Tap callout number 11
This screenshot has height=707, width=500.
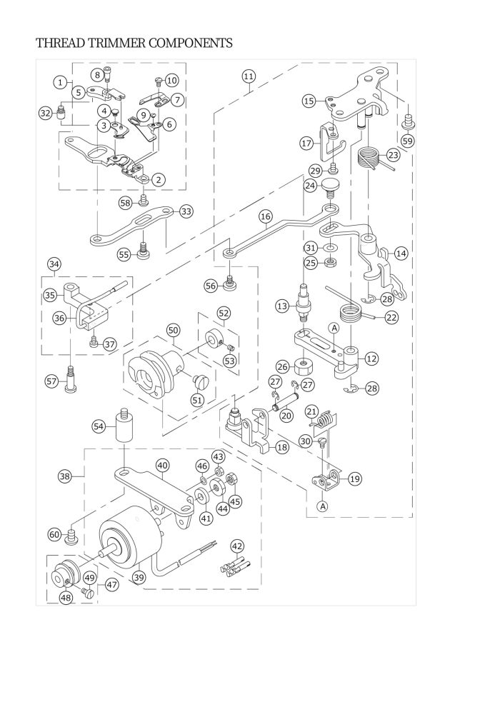point(248,76)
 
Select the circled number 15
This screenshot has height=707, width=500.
point(309,101)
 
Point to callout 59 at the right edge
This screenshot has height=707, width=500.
point(407,141)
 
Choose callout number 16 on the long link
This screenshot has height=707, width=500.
point(266,215)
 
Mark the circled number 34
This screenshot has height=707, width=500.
point(54,264)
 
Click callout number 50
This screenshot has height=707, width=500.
point(173,330)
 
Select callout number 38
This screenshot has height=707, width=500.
point(65,476)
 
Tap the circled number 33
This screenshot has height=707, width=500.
point(186,211)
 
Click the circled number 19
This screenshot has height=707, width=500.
point(354,479)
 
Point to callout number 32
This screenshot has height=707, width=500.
point(45,112)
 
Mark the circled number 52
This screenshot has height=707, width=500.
point(224,313)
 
